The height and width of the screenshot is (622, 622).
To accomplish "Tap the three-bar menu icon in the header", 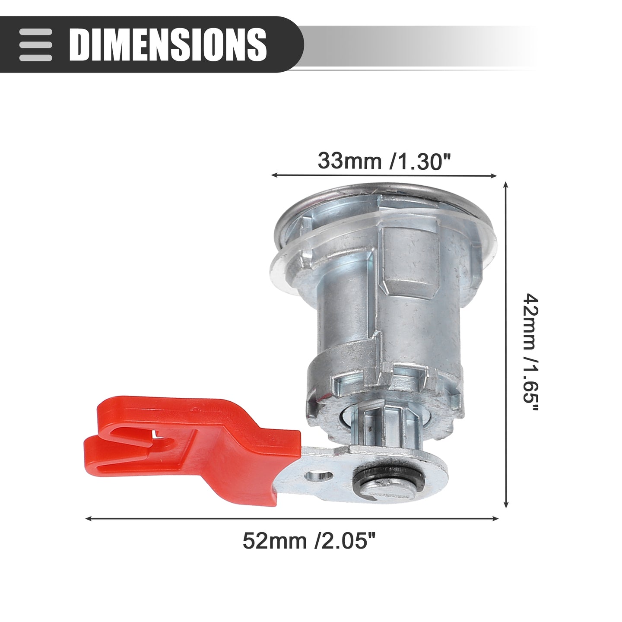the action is point(35,44).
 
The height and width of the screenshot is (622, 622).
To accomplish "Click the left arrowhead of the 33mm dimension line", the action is point(274,175).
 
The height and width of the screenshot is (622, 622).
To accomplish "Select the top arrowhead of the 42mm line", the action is point(506,185).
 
